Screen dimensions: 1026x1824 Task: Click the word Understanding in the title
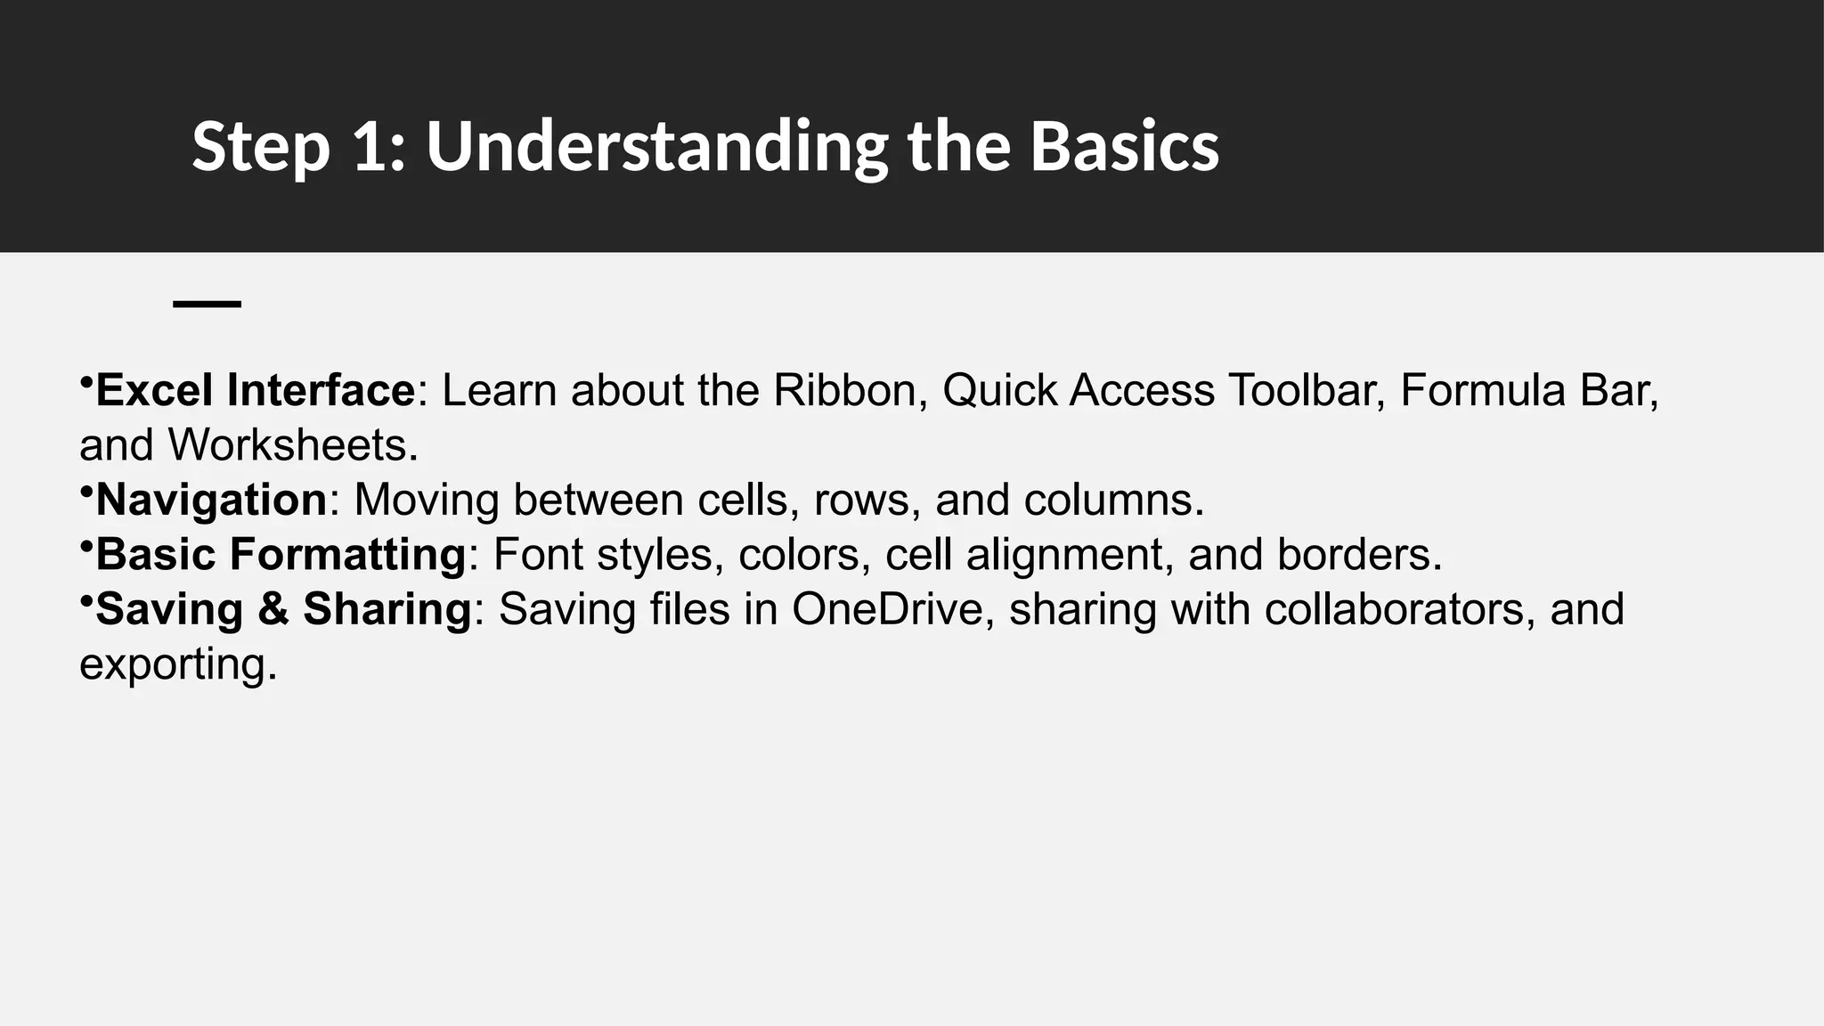click(x=656, y=147)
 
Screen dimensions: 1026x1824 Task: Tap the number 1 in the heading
click(x=368, y=147)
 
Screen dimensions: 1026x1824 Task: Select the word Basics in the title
click(x=1124, y=147)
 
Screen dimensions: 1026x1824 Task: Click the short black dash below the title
click(x=207, y=305)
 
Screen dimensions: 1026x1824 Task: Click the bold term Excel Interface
click(x=255, y=391)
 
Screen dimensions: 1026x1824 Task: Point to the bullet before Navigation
click(x=85, y=492)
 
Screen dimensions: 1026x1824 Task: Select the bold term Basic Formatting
click(x=281, y=555)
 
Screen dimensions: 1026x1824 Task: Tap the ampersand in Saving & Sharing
click(x=273, y=610)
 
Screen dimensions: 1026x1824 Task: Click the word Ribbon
click(x=844, y=391)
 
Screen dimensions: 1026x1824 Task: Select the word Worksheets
click(x=292, y=445)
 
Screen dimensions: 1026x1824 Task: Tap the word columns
click(x=1112, y=501)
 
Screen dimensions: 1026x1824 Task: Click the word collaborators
click(x=1399, y=610)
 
